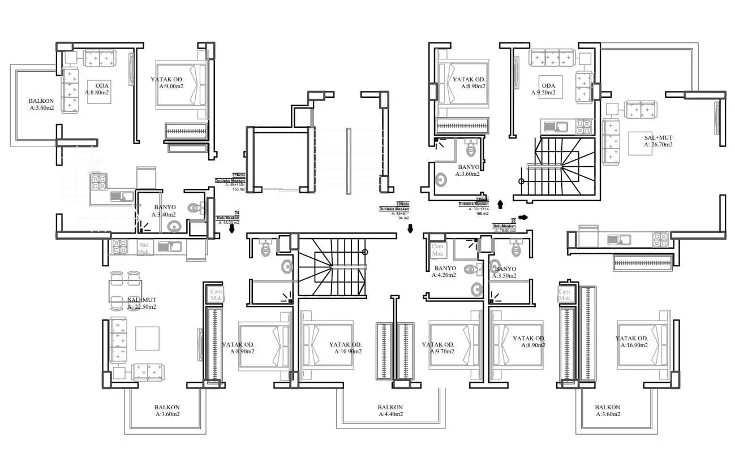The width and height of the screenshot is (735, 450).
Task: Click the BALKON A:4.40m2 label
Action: coord(390,411)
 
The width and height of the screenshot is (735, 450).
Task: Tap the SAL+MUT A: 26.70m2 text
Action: coord(658,141)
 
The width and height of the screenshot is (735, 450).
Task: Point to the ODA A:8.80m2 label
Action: coord(98,89)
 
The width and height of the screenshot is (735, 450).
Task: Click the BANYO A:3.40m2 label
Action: coord(164,211)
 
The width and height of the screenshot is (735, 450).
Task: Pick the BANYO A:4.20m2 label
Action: coord(445,272)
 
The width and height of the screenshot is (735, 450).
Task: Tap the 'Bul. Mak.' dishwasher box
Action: coord(145,248)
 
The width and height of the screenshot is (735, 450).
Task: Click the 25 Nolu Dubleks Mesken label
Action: coord(230,181)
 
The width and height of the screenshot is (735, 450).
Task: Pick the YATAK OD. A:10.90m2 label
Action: coord(345,348)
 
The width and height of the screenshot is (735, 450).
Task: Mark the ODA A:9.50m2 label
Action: coord(543,89)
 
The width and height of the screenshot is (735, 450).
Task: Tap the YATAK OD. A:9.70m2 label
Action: coord(438,348)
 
